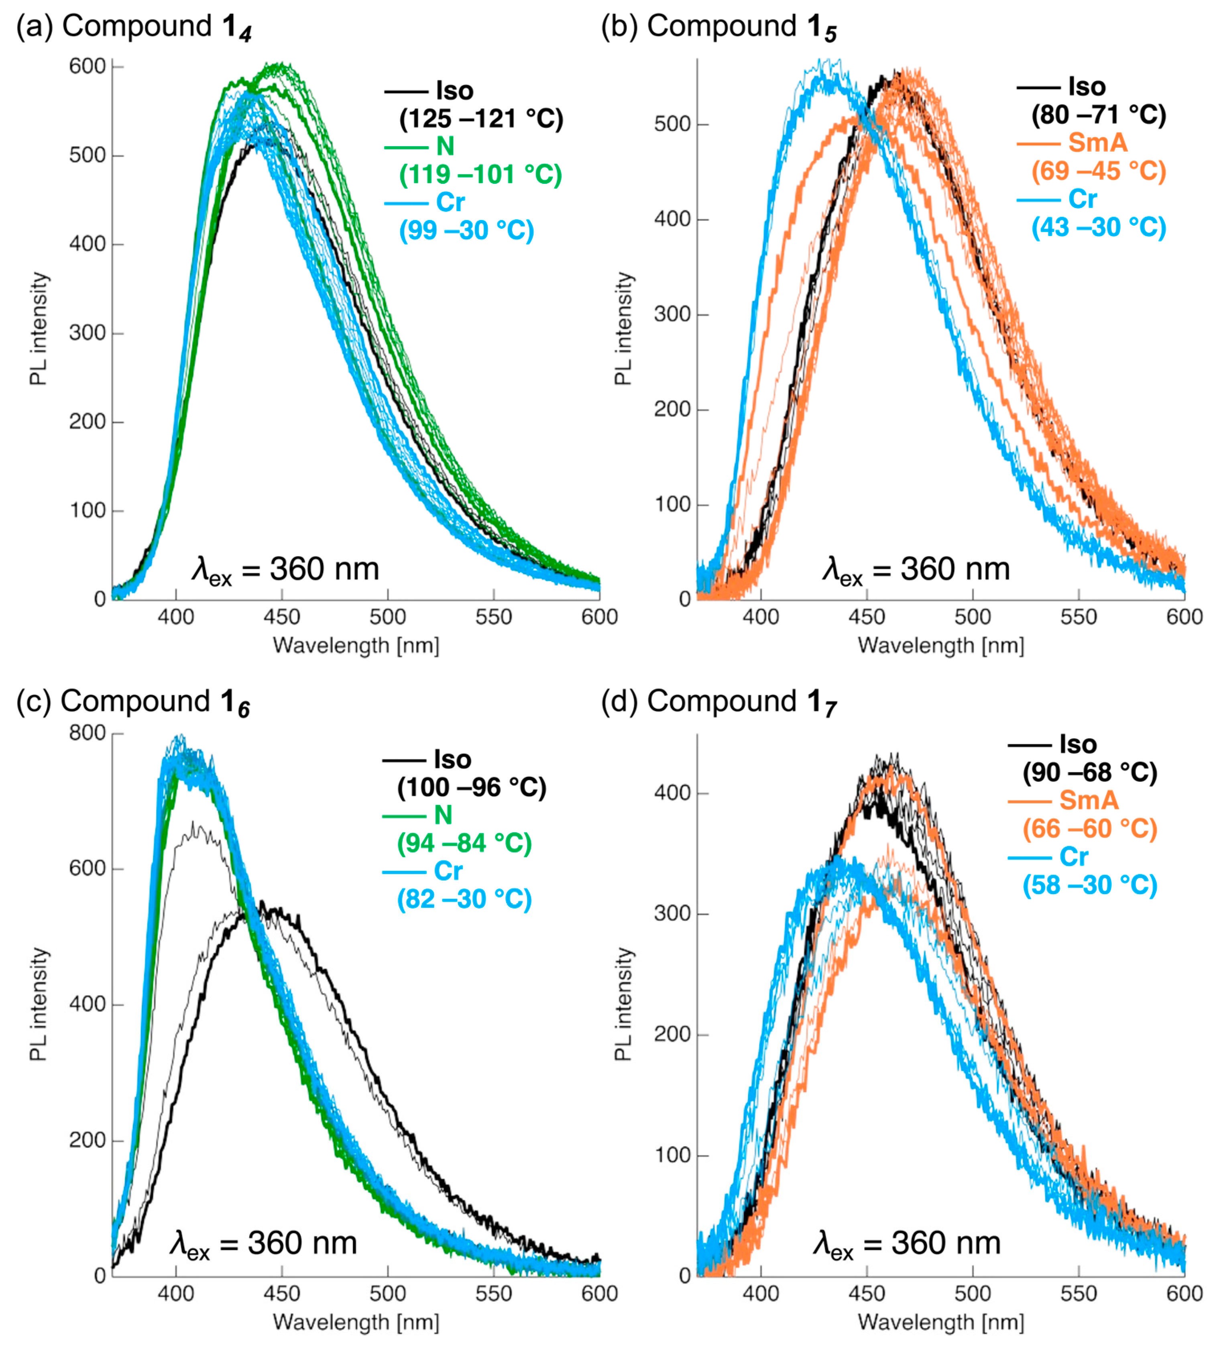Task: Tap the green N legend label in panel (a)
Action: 445,146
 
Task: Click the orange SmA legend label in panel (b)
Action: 1098,143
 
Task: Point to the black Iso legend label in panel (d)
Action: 1078,744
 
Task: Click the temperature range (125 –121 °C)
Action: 481,118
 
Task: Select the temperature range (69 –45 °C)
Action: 1098,171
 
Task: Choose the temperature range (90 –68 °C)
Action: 1090,772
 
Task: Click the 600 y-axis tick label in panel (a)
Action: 88,67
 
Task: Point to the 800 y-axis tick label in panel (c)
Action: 88,733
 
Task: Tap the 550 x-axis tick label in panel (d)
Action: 1079,1294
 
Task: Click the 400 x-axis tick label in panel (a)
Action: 176,617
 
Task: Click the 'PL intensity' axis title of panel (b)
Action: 623,328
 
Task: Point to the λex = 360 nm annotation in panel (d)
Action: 906,1244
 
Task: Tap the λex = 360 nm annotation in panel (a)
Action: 285,570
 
